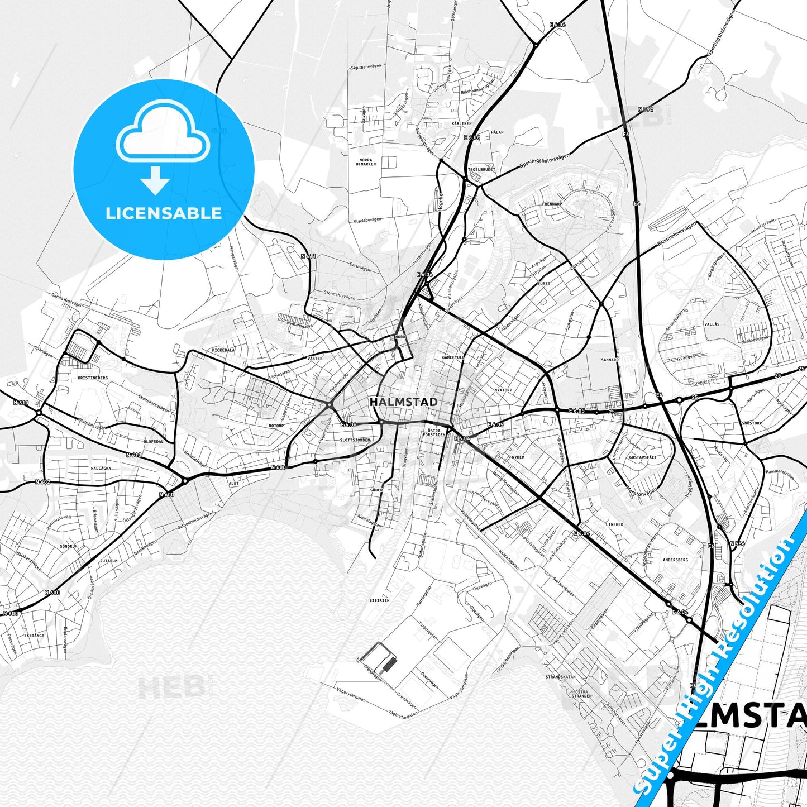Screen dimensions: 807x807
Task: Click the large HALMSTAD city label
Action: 403,402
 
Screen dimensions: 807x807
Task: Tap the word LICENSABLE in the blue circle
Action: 164,213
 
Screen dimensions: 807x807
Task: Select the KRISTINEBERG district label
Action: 89,378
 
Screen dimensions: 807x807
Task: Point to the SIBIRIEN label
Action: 379,600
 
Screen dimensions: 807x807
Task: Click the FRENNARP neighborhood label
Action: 551,204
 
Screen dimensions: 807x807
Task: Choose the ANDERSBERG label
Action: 675,559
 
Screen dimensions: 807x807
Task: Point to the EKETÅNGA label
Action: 34,635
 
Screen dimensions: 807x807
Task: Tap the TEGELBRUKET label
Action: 481,169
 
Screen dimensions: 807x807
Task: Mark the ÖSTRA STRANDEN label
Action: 581,694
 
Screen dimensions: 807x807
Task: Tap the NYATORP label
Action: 503,390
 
